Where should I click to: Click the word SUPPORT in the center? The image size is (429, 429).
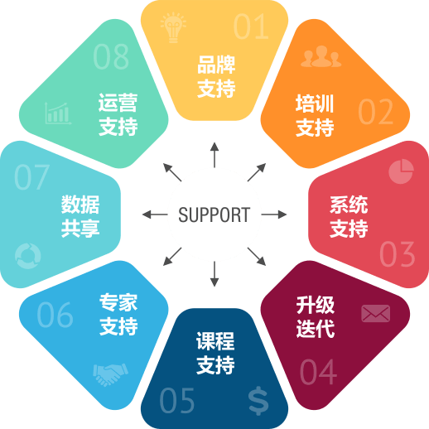coord(214,214)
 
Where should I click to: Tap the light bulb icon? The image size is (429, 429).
coord(173,27)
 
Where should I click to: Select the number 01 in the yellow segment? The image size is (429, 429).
coord(251,27)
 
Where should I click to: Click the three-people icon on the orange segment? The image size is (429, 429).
coord(321,56)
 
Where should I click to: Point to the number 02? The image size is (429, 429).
coord(376,112)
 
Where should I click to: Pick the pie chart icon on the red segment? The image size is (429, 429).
coord(401,171)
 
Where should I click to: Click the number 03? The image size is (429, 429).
coord(398,253)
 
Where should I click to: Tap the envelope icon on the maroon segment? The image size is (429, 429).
coord(376,313)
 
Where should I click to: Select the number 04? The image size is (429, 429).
coord(318,372)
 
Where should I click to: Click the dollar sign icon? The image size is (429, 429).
coord(258,401)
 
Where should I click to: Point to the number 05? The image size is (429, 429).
coord(177,400)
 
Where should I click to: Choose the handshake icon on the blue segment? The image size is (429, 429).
coord(111,374)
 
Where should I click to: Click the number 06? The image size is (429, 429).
coord(55,315)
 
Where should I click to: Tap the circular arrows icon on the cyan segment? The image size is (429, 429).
coord(28,256)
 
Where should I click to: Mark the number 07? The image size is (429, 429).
coord(31,177)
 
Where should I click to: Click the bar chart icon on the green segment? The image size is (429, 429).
coord(58,113)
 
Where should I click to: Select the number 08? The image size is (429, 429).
coord(111,56)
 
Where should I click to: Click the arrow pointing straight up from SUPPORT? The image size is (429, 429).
coord(214,155)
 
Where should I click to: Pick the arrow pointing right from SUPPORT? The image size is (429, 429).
coord(274,214)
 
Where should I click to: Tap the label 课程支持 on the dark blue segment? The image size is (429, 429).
coord(215,353)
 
